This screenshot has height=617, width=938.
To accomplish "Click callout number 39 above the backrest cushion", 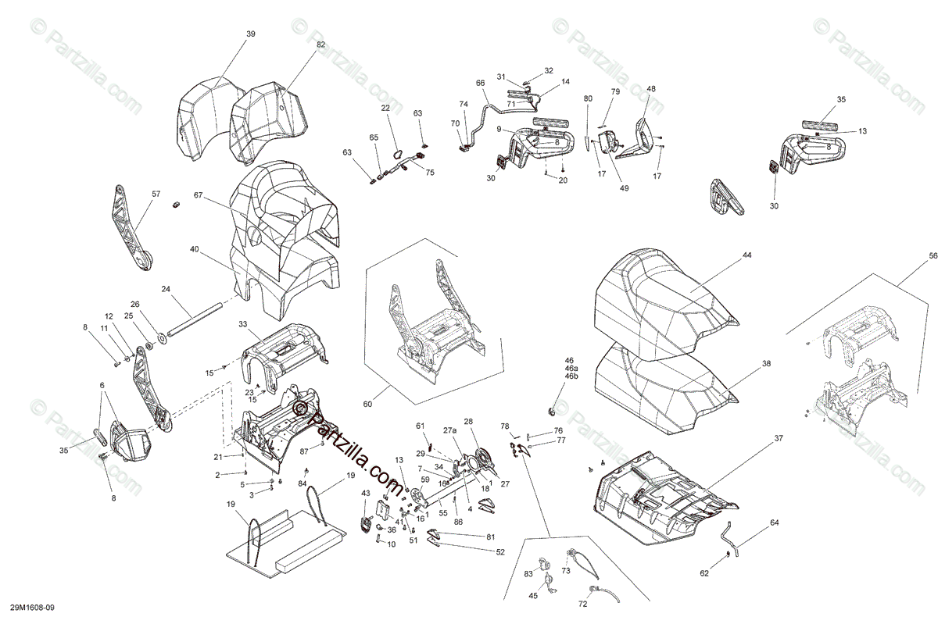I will [250, 34].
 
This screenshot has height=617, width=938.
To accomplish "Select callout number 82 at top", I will [299, 45].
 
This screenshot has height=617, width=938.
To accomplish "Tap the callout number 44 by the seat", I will [746, 255].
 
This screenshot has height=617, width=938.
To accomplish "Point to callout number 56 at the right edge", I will [933, 256].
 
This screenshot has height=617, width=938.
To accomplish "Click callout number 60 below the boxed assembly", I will [368, 403].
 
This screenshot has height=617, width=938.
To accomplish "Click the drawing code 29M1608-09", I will [33, 606].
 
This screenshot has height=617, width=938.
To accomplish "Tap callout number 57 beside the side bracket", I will [156, 193].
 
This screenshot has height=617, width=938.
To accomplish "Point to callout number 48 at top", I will [651, 88].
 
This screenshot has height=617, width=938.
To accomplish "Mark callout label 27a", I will [449, 430].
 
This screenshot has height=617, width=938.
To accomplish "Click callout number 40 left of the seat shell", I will [194, 249].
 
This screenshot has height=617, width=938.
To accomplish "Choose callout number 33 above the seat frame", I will [243, 323].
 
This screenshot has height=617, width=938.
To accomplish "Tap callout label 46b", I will [571, 376].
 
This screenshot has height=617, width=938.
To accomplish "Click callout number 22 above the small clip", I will [385, 108].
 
